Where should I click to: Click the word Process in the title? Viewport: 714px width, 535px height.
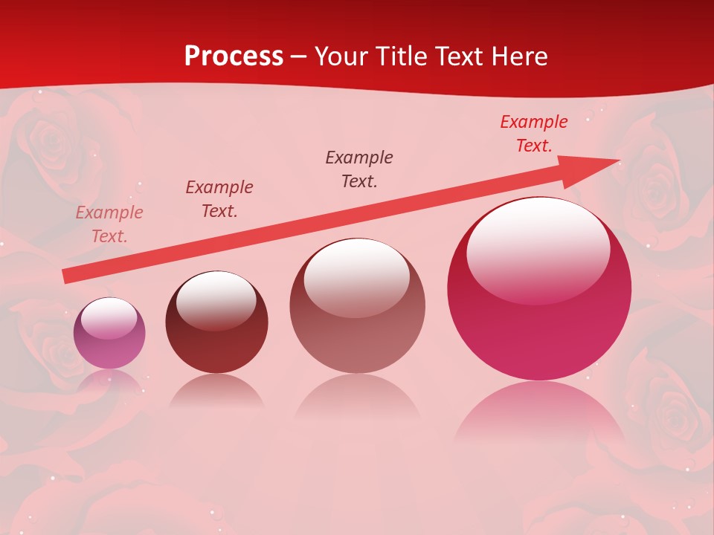pyautogui.click(x=234, y=56)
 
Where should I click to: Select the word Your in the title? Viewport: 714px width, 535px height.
pyautogui.click(x=343, y=56)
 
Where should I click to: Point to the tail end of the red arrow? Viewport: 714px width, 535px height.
pyautogui.click(x=65, y=276)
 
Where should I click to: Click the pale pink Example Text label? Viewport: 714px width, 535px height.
pyautogui.click(x=109, y=224)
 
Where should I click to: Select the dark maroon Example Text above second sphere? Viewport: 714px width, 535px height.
pyautogui.click(x=219, y=199)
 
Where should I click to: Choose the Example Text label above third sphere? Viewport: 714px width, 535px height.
pyautogui.click(x=359, y=169)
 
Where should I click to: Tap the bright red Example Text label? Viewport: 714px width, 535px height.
pyautogui.click(x=533, y=134)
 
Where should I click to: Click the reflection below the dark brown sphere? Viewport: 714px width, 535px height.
pyautogui.click(x=216, y=392)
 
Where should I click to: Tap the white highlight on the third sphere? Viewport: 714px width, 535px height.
pyautogui.click(x=357, y=277)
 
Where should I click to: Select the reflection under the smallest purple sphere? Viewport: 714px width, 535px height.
pyautogui.click(x=109, y=380)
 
